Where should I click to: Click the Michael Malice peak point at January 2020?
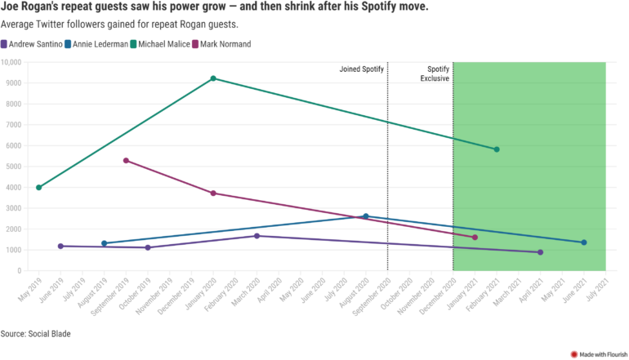(x=213, y=78)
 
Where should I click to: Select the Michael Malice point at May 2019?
(x=38, y=187)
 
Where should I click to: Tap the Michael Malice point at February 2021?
(x=497, y=149)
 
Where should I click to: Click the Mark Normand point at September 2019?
(x=126, y=160)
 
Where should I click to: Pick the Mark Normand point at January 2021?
(x=475, y=238)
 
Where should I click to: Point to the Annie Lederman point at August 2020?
(x=366, y=216)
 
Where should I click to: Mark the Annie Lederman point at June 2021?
(x=584, y=242)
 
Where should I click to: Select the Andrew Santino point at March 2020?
(x=257, y=236)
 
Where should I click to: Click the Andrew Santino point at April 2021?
(x=540, y=252)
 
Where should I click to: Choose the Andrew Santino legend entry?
(x=32, y=44)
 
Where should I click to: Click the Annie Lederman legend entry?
(x=96, y=44)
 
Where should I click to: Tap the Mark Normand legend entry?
(x=220, y=44)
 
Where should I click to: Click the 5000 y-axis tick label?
(x=14, y=167)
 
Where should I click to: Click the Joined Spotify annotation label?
(x=361, y=69)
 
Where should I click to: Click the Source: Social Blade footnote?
(x=35, y=334)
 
